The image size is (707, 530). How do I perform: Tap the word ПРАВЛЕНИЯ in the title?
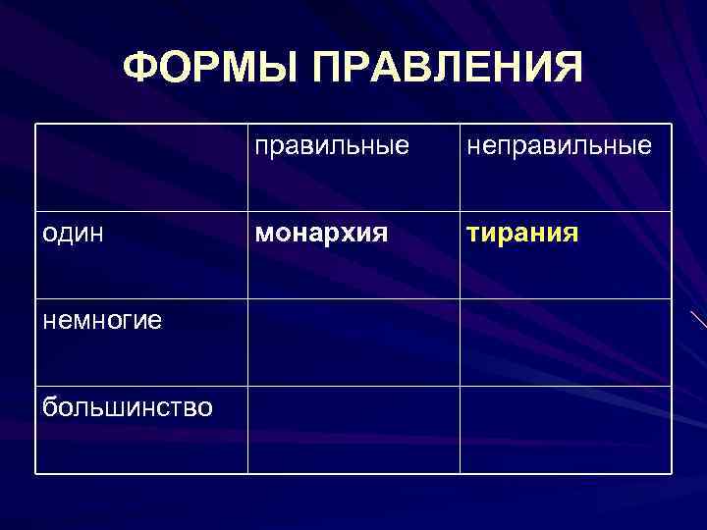(x=448, y=69)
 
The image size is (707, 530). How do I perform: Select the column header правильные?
(x=332, y=147)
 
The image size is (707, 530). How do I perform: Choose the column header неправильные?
(x=559, y=147)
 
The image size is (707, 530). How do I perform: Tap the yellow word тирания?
(x=521, y=235)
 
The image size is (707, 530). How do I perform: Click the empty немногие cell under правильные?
(x=353, y=343)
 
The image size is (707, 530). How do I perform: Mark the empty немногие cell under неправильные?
(x=565, y=343)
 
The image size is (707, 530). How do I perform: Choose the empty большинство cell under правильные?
(x=353, y=430)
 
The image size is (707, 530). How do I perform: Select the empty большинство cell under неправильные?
(x=565, y=430)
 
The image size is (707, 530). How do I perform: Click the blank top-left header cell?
(x=141, y=167)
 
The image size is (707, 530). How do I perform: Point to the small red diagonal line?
(x=698, y=321)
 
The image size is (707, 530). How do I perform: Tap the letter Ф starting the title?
(x=141, y=69)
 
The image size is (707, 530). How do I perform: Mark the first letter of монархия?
(x=263, y=236)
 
